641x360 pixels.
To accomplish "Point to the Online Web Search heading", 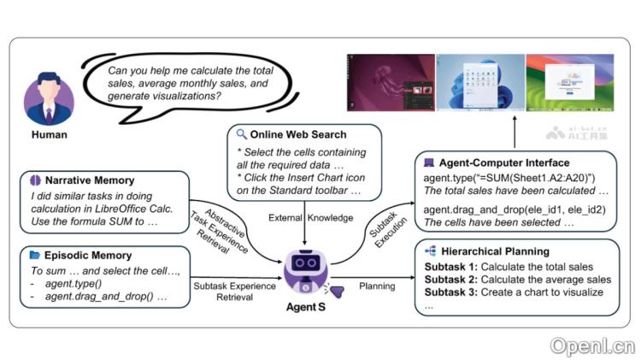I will [x=298, y=134].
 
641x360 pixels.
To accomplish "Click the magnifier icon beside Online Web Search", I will [x=242, y=134].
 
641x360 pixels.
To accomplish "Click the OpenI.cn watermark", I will [x=591, y=345].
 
